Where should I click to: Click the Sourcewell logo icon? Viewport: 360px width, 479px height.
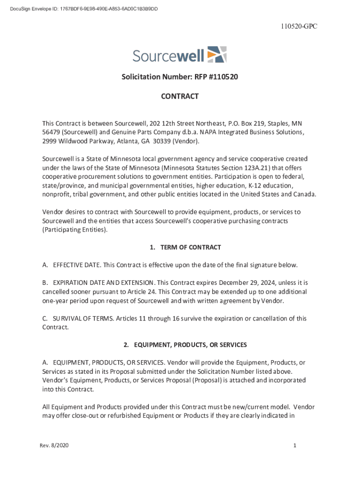coord(216,55)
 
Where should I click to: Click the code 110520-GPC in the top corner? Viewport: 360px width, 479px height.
coord(299,27)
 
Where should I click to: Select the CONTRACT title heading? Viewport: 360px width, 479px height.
coord(180,96)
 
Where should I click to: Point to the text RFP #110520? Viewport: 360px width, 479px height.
coord(219,76)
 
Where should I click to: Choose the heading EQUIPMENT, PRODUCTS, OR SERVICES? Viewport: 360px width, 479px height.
coord(190,345)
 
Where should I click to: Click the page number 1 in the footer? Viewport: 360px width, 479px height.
coord(295,446)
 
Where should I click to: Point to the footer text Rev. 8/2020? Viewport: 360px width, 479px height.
coord(54,446)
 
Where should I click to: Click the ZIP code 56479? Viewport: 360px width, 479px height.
coord(51,132)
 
